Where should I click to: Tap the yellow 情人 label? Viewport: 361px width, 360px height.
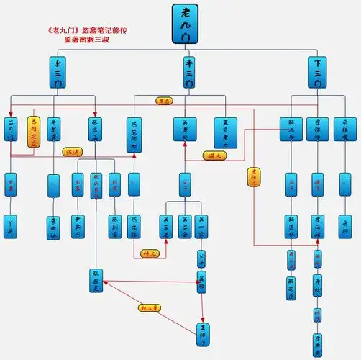(150, 253)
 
